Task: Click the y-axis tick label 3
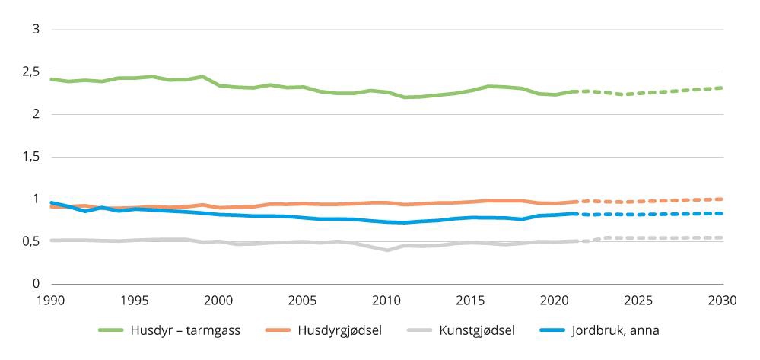click(x=35, y=30)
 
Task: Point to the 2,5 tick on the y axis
click(x=30, y=72)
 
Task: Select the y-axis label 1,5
click(x=30, y=157)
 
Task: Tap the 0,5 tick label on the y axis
click(x=30, y=241)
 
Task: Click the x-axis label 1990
click(x=50, y=301)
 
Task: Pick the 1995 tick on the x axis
click(x=135, y=301)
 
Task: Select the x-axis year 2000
click(x=219, y=301)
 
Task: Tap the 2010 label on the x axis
click(x=387, y=301)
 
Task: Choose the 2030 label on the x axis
click(x=723, y=301)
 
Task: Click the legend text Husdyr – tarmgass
click(x=186, y=330)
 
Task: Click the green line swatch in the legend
click(x=111, y=330)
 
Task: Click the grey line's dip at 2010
click(x=387, y=250)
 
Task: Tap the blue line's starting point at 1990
click(x=51, y=202)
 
